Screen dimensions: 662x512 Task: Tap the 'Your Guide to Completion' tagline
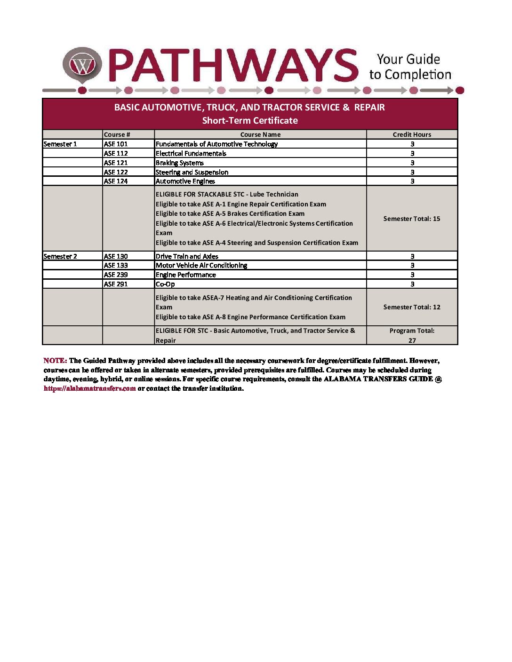409,67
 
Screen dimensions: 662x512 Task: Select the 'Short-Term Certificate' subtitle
250,120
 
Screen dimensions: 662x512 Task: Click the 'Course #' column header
117,134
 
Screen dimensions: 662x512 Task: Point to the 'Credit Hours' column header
412,134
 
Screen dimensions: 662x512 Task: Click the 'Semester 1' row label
60,144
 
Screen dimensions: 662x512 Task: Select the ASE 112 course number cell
116,153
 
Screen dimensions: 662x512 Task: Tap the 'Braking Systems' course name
180,163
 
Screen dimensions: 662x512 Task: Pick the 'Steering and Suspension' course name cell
192,172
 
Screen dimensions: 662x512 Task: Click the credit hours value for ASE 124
412,181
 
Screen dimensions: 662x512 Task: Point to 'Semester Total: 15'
412,219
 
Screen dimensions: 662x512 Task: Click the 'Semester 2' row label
60,256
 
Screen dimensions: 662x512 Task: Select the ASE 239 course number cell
116,275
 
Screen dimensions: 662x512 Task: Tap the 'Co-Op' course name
165,284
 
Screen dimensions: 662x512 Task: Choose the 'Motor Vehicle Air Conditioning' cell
201,265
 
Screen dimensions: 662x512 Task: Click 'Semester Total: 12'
412,307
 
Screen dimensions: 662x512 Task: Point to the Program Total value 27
412,340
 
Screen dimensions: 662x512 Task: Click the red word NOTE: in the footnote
55,361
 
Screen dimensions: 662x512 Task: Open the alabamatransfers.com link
90,388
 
